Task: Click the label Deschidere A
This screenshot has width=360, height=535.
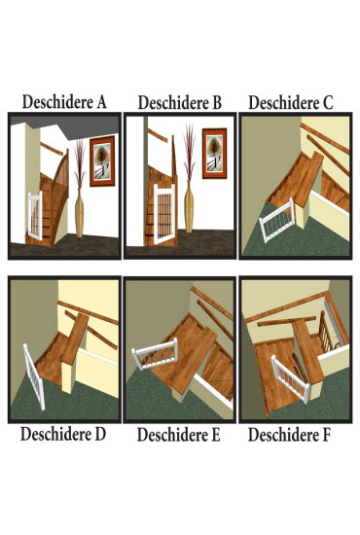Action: coord(64,102)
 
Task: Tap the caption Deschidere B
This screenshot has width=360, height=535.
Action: coord(180,103)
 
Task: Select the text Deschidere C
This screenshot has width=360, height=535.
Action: coord(291,103)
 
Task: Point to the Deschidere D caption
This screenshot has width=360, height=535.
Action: coord(63,434)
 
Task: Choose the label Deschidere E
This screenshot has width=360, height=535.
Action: coord(179,435)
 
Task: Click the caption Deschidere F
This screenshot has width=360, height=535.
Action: coord(289,435)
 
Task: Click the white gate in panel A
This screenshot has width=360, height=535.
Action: coord(35,215)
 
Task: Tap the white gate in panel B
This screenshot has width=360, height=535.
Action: coord(164,214)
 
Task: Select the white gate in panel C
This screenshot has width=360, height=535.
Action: coord(277,220)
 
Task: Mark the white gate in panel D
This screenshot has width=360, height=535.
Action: coord(34,376)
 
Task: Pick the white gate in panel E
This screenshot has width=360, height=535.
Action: coord(156,353)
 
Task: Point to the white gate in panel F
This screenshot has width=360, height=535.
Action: coord(290,378)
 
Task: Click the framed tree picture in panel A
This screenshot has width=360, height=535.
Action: coord(102,161)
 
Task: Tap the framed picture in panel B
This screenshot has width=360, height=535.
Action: coord(214,154)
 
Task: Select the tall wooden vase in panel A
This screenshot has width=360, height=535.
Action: coord(80,213)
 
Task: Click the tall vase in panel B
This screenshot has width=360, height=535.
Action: coord(189,206)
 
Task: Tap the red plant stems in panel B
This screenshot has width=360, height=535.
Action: coord(190,152)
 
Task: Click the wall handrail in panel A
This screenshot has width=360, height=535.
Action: coord(53,149)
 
